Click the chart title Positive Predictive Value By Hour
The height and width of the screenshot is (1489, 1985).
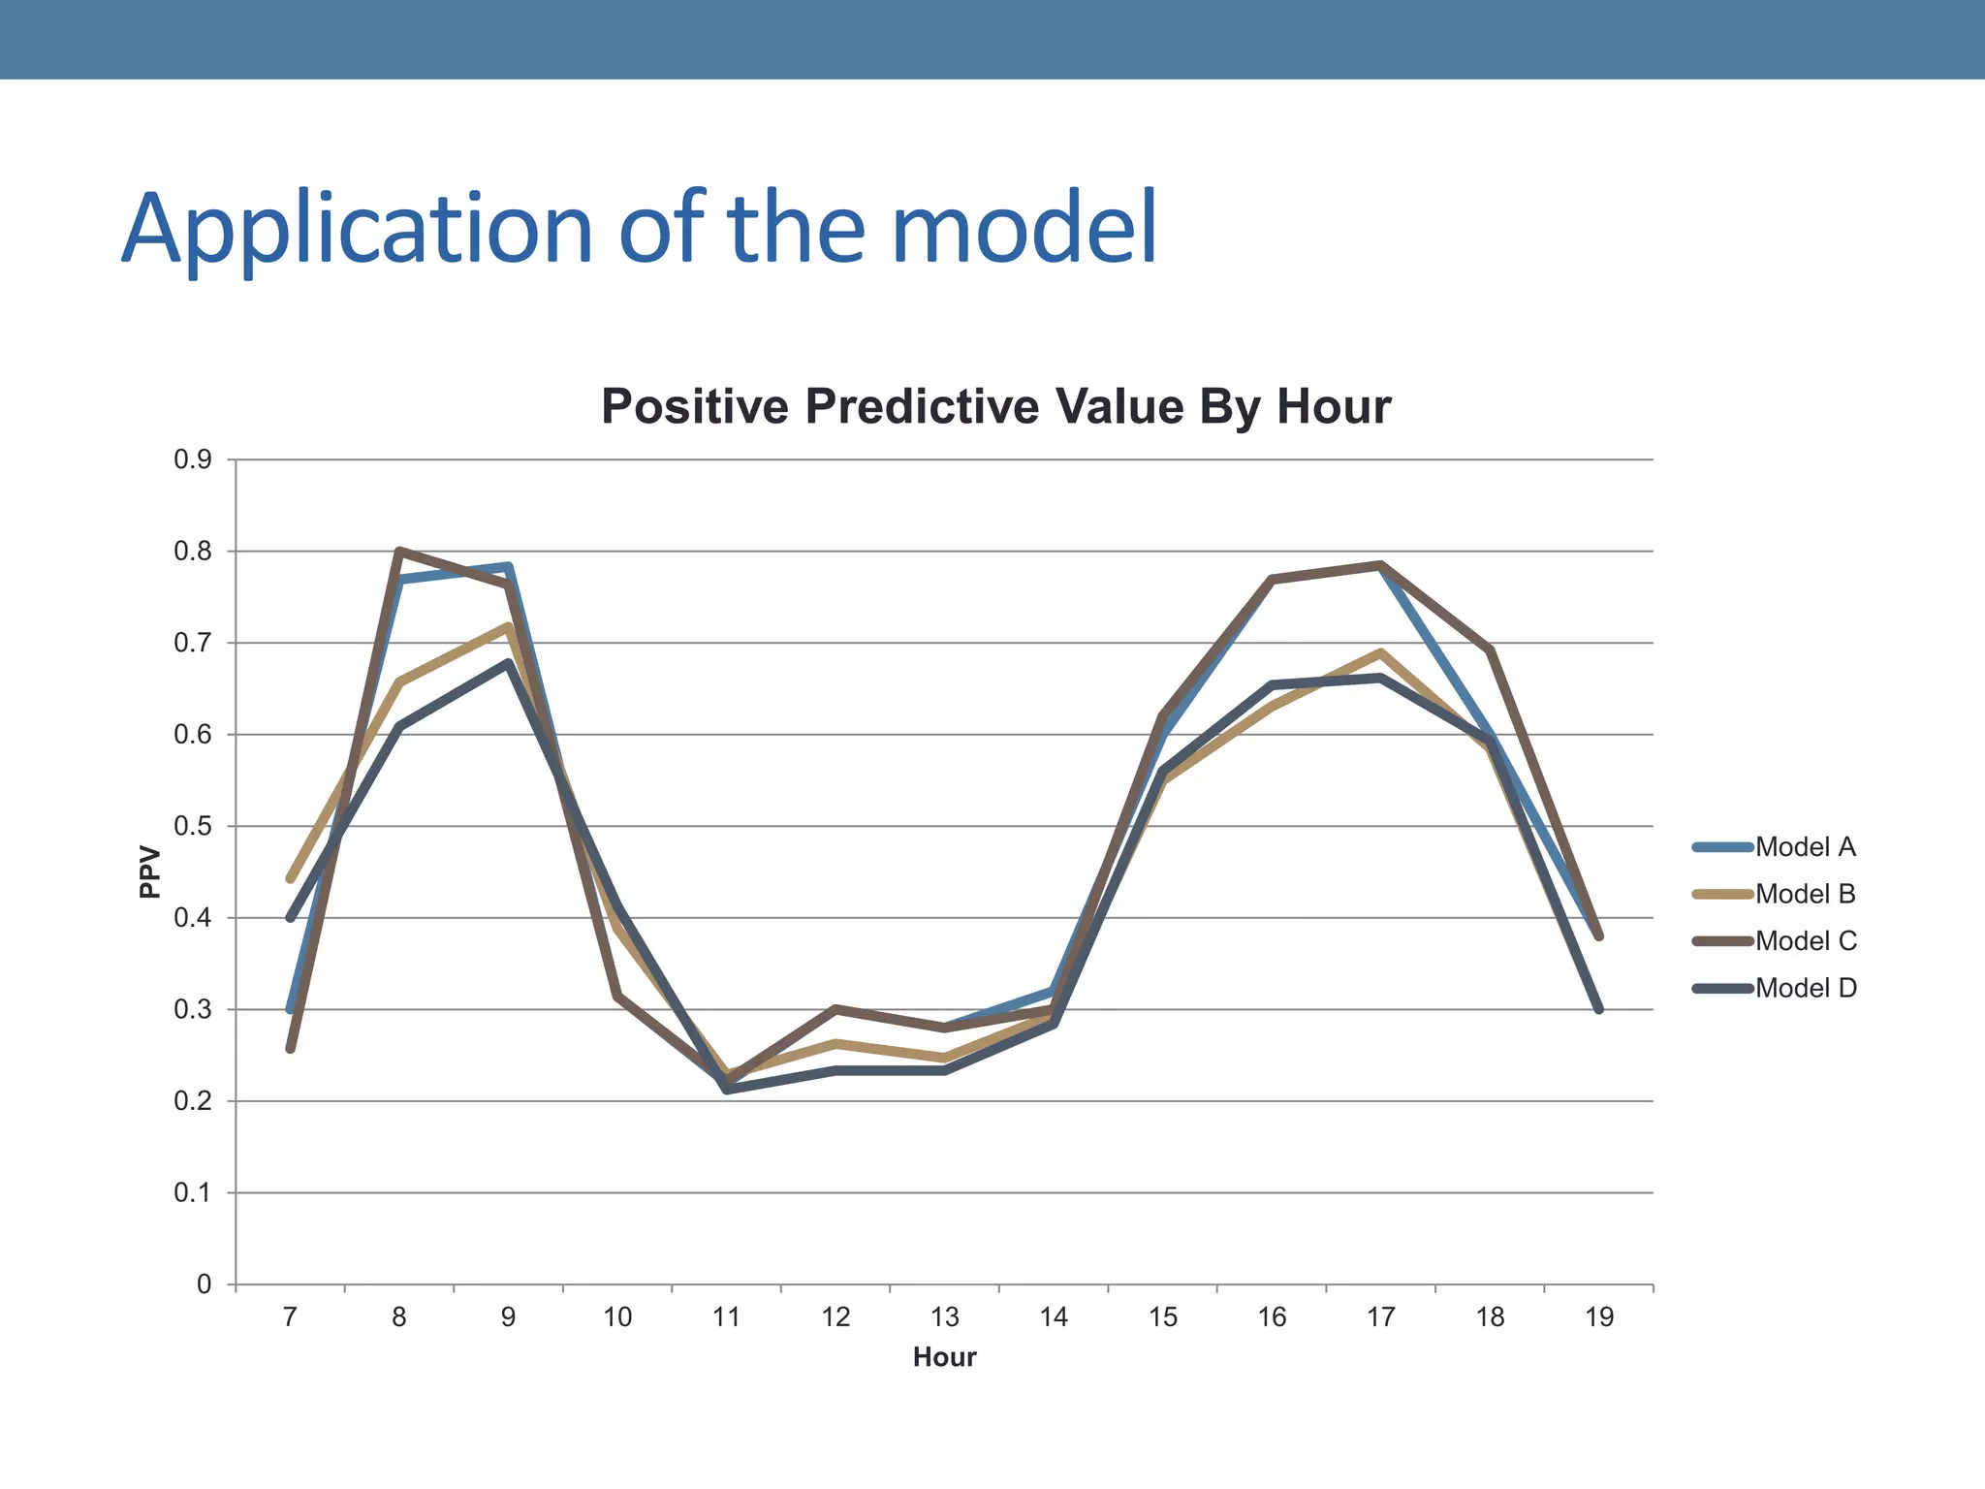pos(995,406)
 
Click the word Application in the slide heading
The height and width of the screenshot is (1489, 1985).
pos(357,231)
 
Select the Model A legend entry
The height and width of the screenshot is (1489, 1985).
pos(1805,847)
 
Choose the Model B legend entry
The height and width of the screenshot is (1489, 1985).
pos(1805,894)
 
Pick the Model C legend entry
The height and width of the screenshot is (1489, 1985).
pos(1805,941)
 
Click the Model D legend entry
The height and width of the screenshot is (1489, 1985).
pos(1805,988)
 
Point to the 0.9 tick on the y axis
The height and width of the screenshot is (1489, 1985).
pos(193,460)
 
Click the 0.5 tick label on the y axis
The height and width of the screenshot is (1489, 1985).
pos(193,827)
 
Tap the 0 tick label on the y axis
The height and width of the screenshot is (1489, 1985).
pos(204,1284)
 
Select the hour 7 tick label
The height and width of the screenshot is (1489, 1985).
pos(290,1317)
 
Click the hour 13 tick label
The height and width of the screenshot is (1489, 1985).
pos(944,1317)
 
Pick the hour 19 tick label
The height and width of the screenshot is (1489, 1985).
pos(1599,1317)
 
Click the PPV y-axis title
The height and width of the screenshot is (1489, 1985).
pos(150,872)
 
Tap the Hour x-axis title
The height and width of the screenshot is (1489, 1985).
pos(944,1357)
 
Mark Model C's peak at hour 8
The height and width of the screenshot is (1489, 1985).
pos(399,551)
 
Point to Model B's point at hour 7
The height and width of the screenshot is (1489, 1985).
pos(290,879)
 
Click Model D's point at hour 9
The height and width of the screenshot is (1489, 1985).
pos(508,664)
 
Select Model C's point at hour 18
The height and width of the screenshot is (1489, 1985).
pos(1490,650)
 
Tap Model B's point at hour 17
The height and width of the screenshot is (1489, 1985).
pos(1380,652)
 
